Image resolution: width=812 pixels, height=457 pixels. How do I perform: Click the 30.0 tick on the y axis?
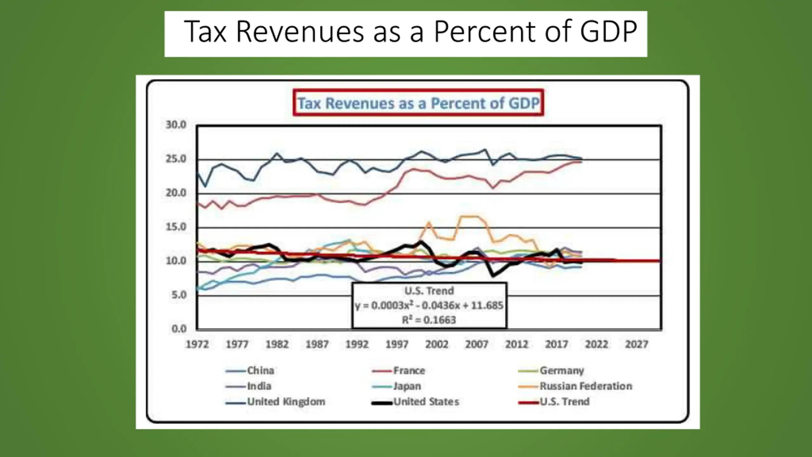tap(176, 125)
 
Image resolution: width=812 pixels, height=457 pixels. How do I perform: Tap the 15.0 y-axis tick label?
tap(176, 227)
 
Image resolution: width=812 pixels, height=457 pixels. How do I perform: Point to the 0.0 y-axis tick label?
tap(179, 329)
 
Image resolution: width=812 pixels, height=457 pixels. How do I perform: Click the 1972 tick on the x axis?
tap(197, 344)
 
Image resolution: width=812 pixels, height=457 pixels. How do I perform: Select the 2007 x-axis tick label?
tap(476, 344)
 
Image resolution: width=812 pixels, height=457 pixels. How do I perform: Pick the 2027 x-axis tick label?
tap(636, 344)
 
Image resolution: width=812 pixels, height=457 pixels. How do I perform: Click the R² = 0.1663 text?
tap(429, 320)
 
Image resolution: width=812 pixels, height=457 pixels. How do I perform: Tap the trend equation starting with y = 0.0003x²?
tap(429, 305)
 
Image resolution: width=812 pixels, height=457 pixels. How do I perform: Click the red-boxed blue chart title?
tap(418, 103)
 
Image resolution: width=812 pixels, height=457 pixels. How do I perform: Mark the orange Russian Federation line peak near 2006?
tap(469, 216)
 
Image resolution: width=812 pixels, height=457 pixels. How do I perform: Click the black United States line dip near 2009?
tap(493, 275)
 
